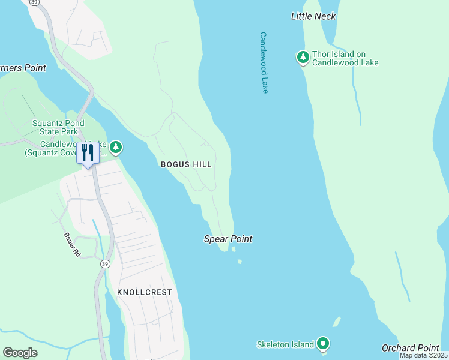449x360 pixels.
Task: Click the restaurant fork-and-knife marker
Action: [x=88, y=153]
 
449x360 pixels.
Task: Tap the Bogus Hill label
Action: [x=186, y=164]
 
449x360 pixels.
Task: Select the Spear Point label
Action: [x=228, y=239]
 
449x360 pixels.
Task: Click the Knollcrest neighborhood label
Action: [x=145, y=292]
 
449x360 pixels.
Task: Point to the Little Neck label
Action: [x=313, y=16]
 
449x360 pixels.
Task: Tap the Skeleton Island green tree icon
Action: [x=324, y=344]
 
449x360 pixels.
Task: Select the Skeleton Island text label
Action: [x=285, y=344]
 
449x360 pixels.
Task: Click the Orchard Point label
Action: [x=410, y=348]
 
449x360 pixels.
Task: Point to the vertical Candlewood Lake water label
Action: [x=264, y=62]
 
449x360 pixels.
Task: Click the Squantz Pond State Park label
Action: [x=58, y=127]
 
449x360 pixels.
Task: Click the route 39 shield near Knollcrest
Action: [x=106, y=264]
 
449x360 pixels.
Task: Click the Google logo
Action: [x=20, y=352]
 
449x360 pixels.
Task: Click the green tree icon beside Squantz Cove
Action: [x=115, y=147]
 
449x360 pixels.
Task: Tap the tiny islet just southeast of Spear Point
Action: [x=240, y=262]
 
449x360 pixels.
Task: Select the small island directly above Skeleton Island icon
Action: [x=337, y=321]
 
